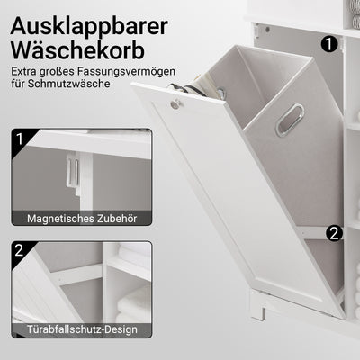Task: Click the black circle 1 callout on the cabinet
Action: point(329,41)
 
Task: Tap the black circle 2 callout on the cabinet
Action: point(334,232)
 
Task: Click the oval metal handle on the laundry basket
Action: point(289,119)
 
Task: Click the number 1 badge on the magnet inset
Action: point(20,140)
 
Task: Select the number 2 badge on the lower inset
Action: point(20,251)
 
